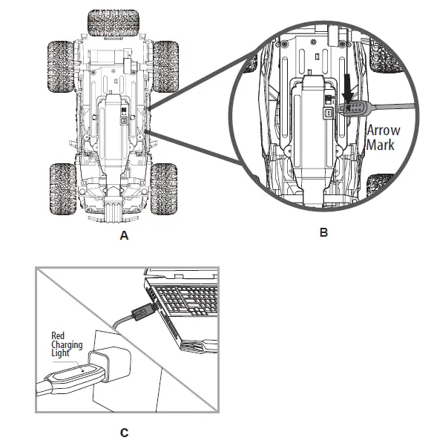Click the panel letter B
click(323, 232)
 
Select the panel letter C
click(124, 432)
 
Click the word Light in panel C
click(59, 353)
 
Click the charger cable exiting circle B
click(389, 105)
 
